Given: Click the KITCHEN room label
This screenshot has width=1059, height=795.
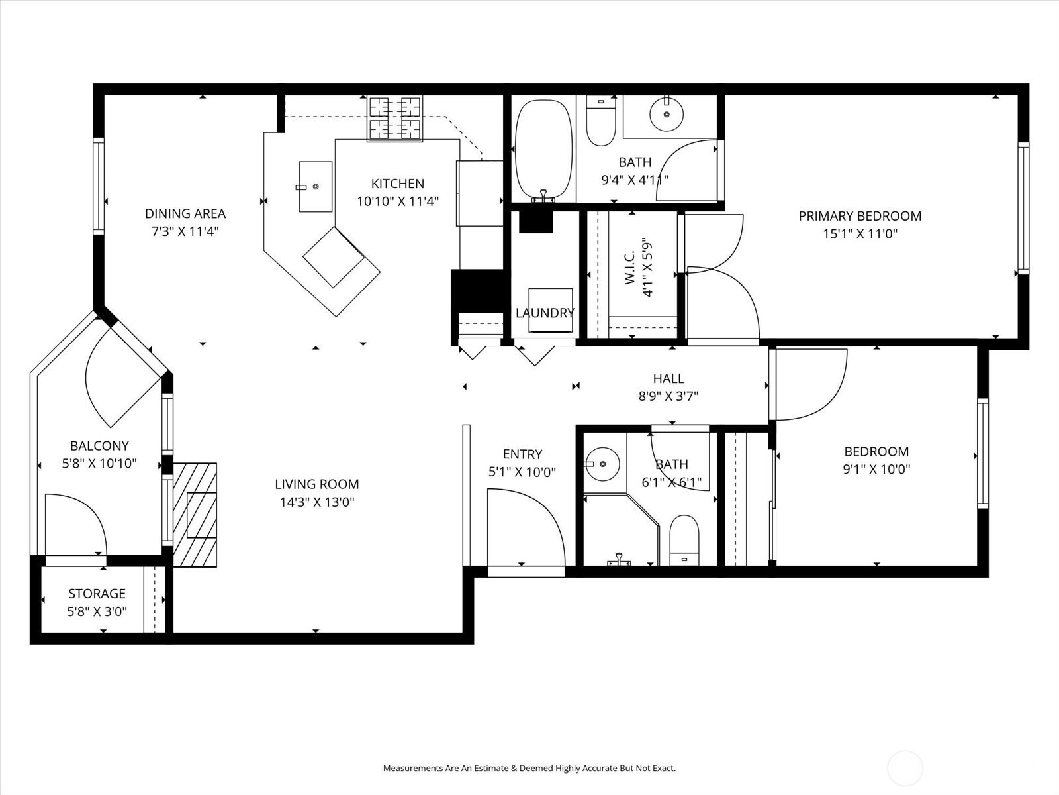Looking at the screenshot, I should [x=397, y=184].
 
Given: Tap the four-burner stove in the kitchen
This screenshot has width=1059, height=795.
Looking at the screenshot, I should [x=395, y=119].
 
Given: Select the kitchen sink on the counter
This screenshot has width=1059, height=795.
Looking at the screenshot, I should [x=316, y=187].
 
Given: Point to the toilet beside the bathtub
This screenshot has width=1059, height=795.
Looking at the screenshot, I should [x=601, y=122].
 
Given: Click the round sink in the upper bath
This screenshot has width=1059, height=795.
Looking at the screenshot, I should [x=667, y=114].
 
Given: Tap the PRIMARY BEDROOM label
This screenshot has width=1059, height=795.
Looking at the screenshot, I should [x=859, y=216].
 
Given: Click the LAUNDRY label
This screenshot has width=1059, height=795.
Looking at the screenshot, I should [x=545, y=313].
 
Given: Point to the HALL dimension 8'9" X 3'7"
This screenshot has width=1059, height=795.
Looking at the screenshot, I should [x=668, y=396].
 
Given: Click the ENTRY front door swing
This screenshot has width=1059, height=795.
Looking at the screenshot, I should [x=523, y=530].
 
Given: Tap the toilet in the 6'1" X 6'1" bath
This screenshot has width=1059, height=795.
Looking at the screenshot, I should [x=684, y=540].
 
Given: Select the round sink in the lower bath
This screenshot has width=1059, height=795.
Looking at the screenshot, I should [x=602, y=463].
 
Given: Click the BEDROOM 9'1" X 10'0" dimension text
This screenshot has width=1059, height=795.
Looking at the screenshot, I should [x=876, y=470].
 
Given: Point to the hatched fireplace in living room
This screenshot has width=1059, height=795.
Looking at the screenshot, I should [x=196, y=515].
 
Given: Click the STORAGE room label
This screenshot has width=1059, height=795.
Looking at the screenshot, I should [x=97, y=594].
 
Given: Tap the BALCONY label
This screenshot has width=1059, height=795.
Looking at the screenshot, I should [x=99, y=446].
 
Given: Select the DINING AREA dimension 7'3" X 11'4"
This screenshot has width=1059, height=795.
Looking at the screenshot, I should [x=185, y=231].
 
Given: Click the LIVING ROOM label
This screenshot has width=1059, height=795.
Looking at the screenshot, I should [x=317, y=484].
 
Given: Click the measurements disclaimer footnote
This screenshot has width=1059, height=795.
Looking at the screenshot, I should [x=529, y=768].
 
